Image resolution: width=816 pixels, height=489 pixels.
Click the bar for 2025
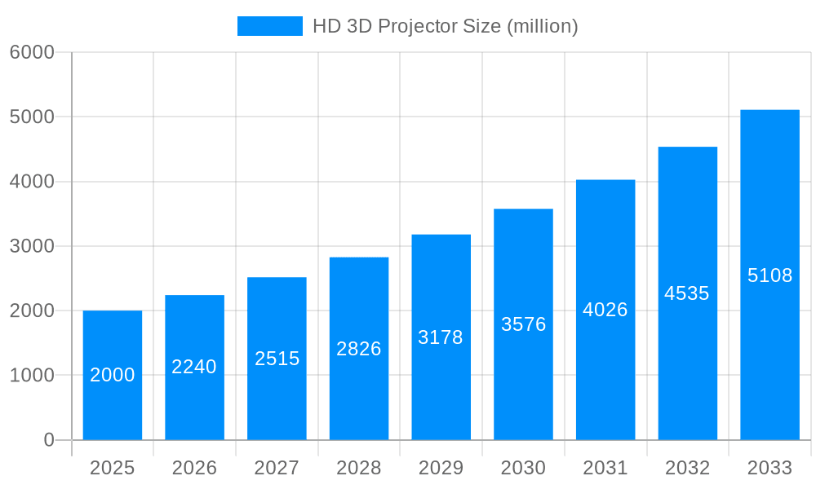click(113, 375)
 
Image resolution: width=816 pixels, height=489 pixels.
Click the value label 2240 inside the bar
click(194, 367)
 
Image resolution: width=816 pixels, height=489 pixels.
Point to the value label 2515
click(277, 359)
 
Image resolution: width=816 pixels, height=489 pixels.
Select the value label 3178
click(441, 337)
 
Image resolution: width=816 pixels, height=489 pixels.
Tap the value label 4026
click(605, 310)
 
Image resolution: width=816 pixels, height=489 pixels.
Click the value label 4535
click(687, 293)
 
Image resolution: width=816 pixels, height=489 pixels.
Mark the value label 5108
click(769, 275)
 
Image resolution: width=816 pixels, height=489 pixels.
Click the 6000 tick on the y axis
click(32, 52)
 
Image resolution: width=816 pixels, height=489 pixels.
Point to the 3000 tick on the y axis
click(32, 246)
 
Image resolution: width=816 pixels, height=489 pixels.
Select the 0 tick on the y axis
click(48, 440)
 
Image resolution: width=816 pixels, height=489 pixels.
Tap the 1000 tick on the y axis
click(32, 376)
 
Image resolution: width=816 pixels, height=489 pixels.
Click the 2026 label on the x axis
click(194, 468)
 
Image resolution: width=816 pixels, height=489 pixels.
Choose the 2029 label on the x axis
click(441, 468)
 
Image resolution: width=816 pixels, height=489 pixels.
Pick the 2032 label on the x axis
click(687, 468)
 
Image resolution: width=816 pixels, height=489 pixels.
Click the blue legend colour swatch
click(269, 26)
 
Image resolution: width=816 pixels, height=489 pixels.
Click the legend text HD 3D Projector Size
click(446, 26)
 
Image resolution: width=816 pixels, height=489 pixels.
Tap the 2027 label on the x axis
click(277, 468)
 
